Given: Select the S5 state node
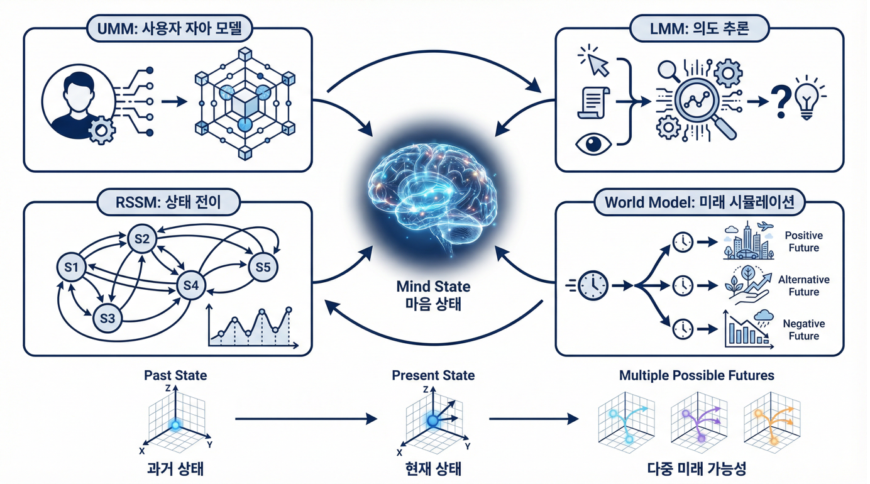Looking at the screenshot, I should point(263,268).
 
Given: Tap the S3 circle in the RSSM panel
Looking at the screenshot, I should point(107,318).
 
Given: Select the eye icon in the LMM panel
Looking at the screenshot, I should point(593,144).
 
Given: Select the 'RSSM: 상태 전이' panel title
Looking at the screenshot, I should point(168,202).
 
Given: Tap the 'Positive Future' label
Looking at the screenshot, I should point(803,241).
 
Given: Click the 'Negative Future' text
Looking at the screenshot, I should point(803,329).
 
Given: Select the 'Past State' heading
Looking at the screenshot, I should point(175,375).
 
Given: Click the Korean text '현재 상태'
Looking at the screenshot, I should point(433,469).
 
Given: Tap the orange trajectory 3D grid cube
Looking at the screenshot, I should point(771,419).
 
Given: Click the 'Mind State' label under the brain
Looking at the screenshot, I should point(433,287).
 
